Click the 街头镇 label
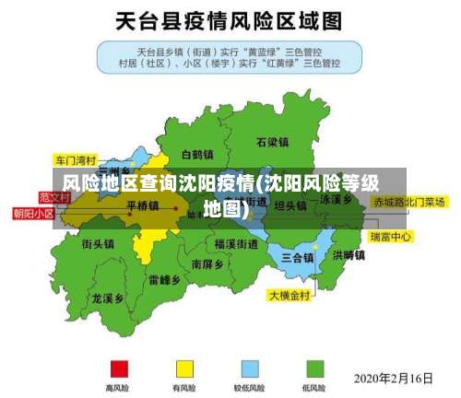coord(97,244)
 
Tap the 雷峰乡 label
coord(164,279)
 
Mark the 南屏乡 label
coord(207,263)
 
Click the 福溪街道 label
coord(236,244)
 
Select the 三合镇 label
coord(297,256)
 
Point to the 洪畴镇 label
coord(349,255)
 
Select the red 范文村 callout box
coord(54,196)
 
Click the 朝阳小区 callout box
coord(33,213)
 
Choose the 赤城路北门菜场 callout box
coord(408,201)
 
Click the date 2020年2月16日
coord(394,378)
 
